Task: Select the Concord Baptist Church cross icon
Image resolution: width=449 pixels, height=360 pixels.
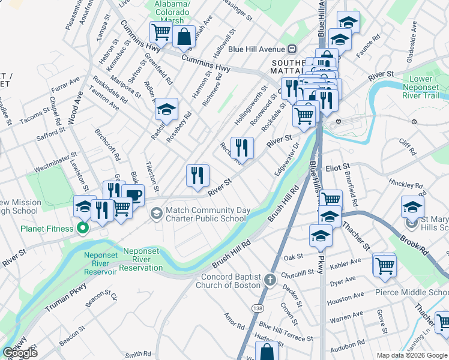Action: click(x=270, y=280)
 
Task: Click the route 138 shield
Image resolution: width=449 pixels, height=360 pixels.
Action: click(x=258, y=308)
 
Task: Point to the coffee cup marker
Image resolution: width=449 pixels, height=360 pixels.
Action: click(x=133, y=196)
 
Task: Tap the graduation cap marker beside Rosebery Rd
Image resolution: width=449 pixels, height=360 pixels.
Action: click(x=166, y=109)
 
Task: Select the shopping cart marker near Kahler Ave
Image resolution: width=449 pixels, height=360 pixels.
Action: click(x=384, y=265)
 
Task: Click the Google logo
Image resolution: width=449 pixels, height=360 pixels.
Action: click(x=20, y=353)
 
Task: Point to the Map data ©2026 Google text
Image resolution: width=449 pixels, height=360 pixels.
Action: click(x=412, y=355)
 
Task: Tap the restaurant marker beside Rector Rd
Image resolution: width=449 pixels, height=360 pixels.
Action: click(x=242, y=148)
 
